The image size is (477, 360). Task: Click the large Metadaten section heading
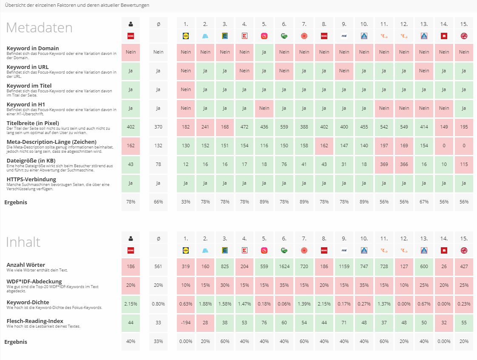point(39,28)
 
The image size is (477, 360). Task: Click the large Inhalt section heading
point(23,242)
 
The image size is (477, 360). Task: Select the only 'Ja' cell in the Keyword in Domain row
point(264,52)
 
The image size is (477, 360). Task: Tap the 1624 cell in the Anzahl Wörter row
point(284,266)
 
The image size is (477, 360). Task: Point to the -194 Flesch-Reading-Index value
point(186,323)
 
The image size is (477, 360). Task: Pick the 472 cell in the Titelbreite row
point(244,127)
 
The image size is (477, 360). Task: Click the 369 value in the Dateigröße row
point(384,164)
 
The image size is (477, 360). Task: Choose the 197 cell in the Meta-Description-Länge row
point(384,146)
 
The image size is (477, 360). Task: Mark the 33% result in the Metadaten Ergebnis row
point(186,202)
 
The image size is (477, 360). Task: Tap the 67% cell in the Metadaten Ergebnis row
point(424,202)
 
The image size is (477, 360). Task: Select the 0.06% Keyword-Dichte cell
point(284,304)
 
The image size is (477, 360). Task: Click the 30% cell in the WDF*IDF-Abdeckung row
point(225,285)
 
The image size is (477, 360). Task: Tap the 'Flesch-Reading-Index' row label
point(35,320)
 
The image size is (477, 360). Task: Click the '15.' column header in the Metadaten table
point(464,24)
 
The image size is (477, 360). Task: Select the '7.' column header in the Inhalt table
point(304,239)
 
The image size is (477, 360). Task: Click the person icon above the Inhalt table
point(131,239)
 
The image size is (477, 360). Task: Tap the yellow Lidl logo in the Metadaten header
point(186,36)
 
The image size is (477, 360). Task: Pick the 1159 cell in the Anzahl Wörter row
point(344,266)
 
